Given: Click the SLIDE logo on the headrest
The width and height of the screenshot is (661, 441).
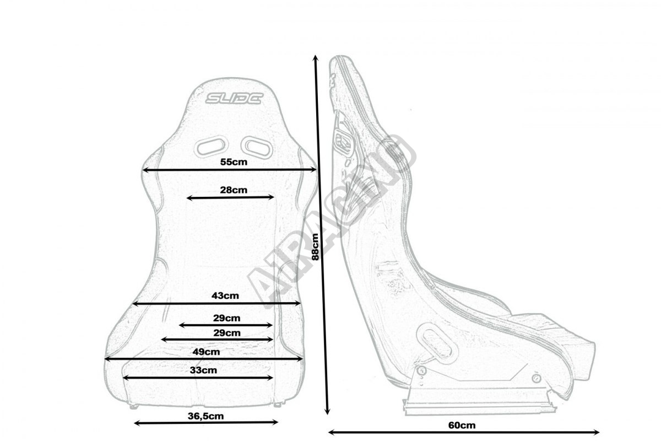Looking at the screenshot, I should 235,99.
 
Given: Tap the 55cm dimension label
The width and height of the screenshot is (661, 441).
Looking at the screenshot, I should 233,162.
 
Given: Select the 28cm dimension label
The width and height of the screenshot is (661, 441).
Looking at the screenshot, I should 233,190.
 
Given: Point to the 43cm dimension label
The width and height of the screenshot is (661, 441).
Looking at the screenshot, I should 225,295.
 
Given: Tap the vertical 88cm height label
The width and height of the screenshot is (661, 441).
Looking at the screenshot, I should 315,245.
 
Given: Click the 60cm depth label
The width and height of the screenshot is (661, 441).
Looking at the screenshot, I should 462,425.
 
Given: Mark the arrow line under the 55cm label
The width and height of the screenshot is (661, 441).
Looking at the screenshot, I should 230,170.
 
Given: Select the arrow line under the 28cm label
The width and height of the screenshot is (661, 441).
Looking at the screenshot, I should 231,197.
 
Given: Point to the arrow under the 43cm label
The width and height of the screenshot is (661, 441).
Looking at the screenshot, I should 216,303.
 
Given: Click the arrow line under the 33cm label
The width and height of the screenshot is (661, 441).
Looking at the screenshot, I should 198,378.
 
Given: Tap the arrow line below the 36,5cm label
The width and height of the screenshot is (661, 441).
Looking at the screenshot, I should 206,423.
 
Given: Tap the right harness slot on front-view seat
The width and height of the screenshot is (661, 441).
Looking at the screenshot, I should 257,146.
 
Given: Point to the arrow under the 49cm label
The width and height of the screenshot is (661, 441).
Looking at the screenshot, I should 203,358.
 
